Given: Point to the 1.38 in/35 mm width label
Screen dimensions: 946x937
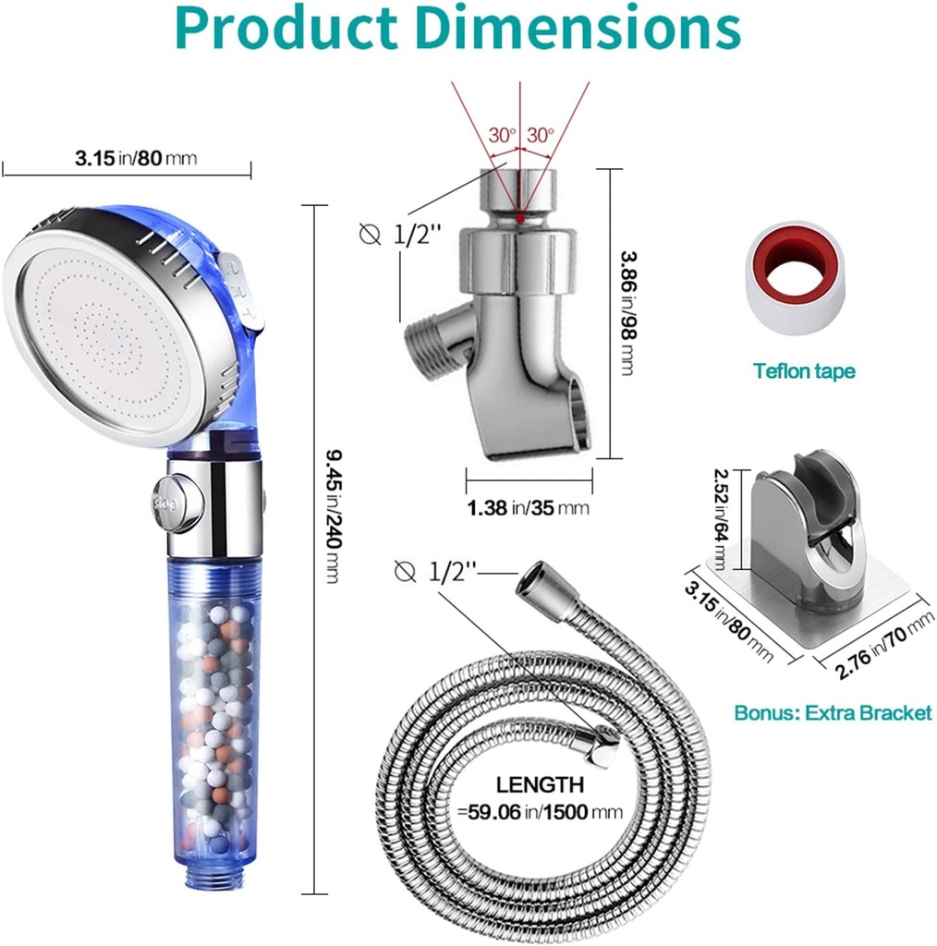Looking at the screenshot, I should (528, 506).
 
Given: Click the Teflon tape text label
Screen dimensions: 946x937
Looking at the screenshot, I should (803, 371).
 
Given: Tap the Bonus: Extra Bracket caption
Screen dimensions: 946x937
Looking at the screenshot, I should (833, 712).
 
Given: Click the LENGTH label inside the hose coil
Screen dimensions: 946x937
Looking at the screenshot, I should (541, 785).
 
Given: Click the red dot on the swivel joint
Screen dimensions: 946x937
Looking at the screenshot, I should (520, 219).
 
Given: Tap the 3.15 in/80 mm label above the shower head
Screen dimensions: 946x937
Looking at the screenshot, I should (136, 158).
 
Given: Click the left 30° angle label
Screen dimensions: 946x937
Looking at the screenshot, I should (503, 135).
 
